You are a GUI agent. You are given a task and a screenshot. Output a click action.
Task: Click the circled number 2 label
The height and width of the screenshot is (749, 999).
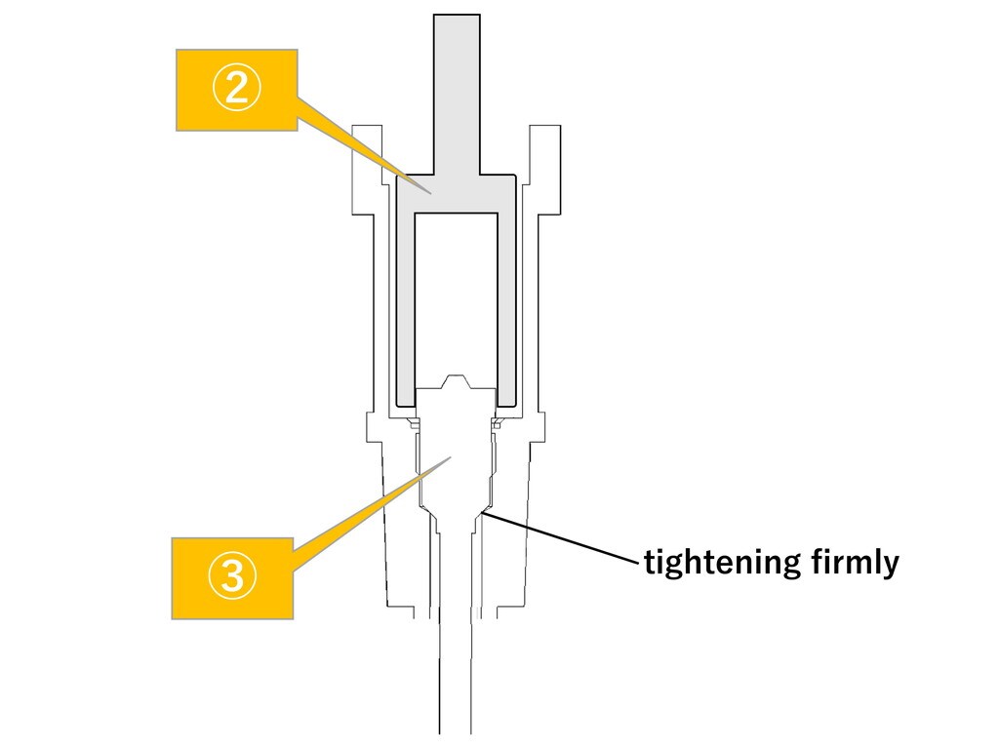[236, 91]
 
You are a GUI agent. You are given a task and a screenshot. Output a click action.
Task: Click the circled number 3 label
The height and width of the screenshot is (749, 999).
[232, 577]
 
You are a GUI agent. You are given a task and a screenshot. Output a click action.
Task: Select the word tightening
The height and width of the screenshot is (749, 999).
[721, 563]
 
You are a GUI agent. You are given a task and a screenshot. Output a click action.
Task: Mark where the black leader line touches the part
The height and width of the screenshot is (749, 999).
[486, 511]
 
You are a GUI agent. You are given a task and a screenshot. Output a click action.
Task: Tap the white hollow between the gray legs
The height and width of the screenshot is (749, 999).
[457, 293]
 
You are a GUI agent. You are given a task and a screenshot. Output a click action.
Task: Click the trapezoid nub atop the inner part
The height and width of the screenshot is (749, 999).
[457, 380]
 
